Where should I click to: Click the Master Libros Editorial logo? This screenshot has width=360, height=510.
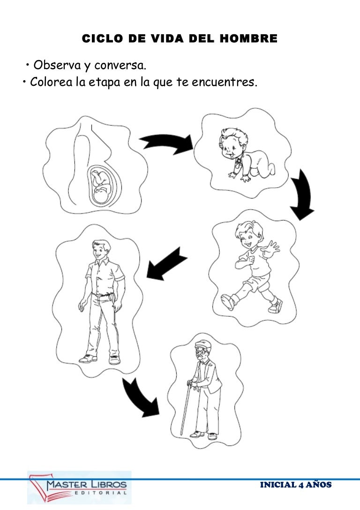[79, 487]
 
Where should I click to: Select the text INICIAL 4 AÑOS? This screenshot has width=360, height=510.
[296, 485]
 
